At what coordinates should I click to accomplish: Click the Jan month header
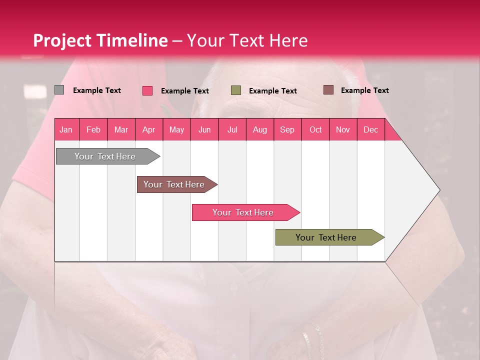tap(66, 129)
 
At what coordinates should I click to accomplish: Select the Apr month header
tap(149, 129)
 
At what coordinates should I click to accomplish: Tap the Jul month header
tap(232, 129)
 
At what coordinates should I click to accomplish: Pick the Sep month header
tap(287, 129)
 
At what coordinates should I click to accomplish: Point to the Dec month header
tap(370, 129)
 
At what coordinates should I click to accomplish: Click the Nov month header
tap(343, 129)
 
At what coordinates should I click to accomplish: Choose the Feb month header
tap(93, 129)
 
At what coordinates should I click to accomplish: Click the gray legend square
tap(59, 90)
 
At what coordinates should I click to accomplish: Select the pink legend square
tap(147, 90)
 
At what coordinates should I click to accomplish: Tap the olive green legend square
tap(236, 90)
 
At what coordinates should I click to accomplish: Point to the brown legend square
tap(328, 90)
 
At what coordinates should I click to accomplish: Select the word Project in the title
tap(62, 40)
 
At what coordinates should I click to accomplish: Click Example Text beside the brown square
tap(364, 90)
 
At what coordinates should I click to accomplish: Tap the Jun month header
tap(204, 129)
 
